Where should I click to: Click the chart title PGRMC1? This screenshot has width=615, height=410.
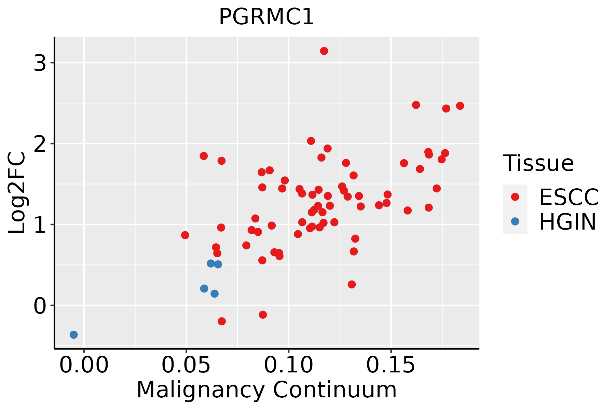click(x=266, y=17)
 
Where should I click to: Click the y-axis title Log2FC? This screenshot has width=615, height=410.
click(x=17, y=193)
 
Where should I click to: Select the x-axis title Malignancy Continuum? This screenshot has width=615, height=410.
click(x=266, y=390)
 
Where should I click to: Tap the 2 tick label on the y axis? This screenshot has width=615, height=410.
click(x=40, y=144)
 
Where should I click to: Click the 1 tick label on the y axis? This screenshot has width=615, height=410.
click(x=40, y=225)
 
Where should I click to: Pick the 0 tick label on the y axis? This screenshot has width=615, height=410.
click(x=40, y=306)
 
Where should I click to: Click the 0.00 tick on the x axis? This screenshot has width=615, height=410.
click(x=84, y=366)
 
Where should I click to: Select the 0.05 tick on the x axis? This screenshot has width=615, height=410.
click(x=186, y=366)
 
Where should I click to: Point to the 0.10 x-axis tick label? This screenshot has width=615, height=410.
click(x=289, y=366)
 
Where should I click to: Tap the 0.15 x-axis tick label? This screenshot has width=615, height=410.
click(x=391, y=366)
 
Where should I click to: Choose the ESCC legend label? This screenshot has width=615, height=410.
click(x=569, y=197)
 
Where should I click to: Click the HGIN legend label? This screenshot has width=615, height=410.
click(x=568, y=222)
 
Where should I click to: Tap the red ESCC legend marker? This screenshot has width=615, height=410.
click(x=515, y=197)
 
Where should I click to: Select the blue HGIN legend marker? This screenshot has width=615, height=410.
click(x=515, y=221)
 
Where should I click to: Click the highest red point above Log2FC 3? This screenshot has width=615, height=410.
click(x=324, y=51)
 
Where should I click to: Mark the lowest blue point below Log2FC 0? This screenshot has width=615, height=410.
click(x=74, y=334)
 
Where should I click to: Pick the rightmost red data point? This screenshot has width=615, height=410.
click(x=460, y=106)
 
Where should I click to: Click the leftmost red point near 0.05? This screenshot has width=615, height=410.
click(x=185, y=235)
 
